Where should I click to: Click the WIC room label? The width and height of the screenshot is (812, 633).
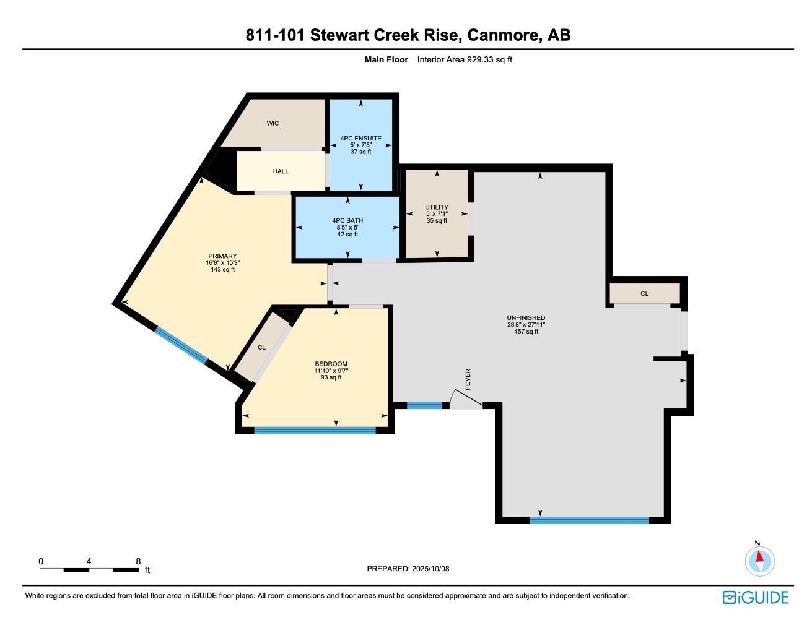click(273, 123)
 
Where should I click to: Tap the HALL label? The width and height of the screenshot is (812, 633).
click(281, 171)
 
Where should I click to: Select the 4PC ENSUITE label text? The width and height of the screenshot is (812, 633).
click(360, 139)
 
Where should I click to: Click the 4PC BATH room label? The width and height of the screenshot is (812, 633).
click(347, 220)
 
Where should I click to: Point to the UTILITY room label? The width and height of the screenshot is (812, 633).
click(437, 207)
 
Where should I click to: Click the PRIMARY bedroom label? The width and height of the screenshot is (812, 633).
click(222, 256)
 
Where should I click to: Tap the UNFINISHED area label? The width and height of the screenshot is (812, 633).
click(526, 317)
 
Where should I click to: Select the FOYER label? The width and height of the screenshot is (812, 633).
click(468, 379)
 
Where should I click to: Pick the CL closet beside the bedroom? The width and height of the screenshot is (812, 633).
click(262, 348)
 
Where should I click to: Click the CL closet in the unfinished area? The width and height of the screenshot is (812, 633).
click(644, 293)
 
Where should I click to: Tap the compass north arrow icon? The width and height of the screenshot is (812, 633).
click(759, 560)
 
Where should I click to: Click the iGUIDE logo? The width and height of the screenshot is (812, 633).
click(755, 597)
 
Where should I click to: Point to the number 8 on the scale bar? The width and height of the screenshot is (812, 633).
click(138, 561)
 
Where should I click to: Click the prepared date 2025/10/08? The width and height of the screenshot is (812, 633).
click(430, 569)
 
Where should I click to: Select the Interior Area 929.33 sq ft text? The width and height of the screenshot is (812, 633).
click(465, 60)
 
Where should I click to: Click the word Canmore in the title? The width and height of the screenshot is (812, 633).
click(502, 35)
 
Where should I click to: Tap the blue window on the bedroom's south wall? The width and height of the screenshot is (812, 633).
click(315, 431)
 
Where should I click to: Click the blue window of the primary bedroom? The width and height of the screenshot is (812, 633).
click(181, 345)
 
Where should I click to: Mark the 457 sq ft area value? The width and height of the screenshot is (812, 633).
click(526, 332)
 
